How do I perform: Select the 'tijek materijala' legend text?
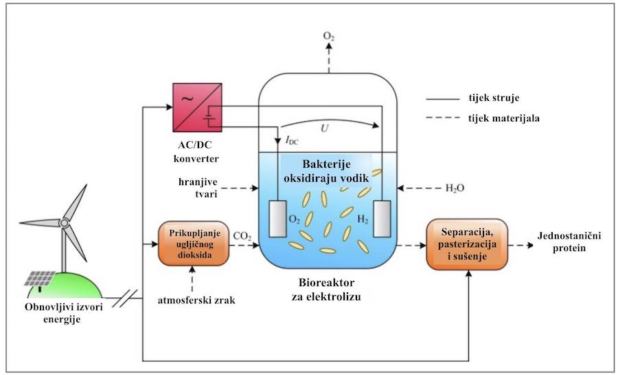pos(508,118)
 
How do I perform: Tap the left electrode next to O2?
pos(277,218)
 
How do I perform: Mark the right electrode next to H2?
pos(381,218)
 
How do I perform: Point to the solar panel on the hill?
pos(41,278)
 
